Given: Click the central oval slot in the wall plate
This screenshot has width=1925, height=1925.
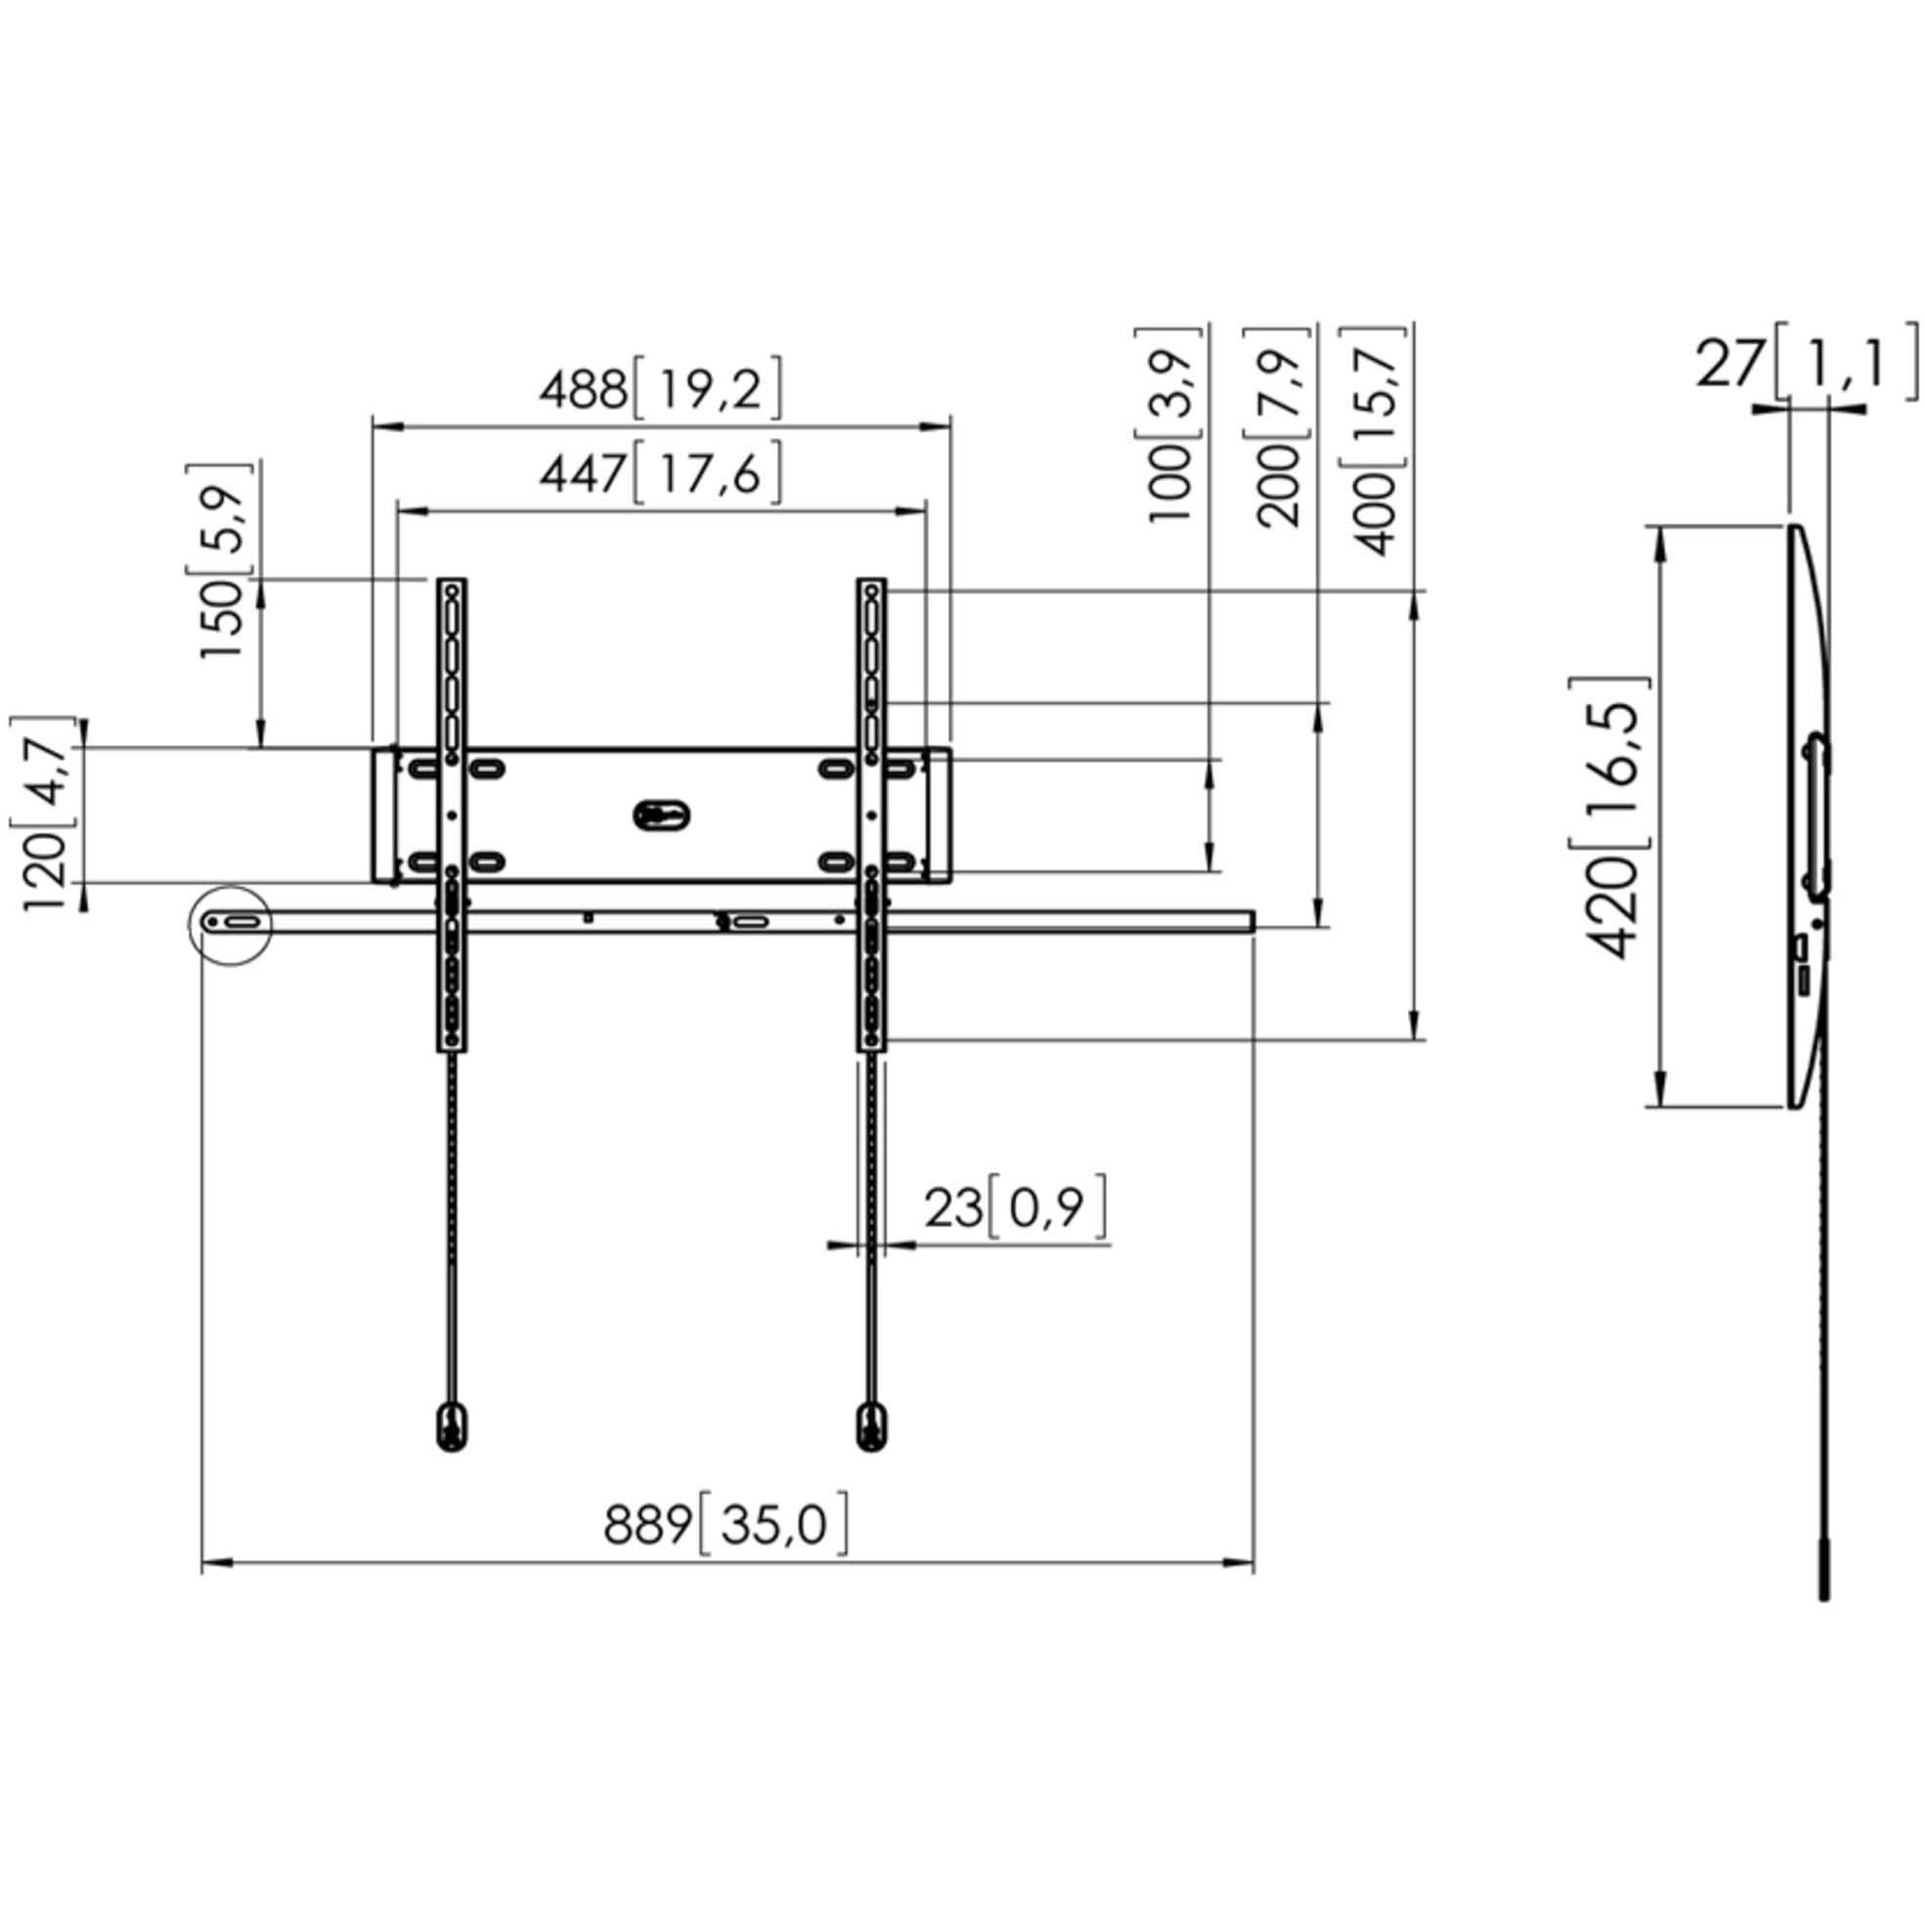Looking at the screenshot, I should [661, 814].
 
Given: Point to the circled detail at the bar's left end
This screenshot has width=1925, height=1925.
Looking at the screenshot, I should [230, 925].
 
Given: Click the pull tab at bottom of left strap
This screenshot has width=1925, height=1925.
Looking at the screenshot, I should [452, 1426].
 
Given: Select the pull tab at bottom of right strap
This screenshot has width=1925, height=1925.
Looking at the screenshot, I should [872, 1426].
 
